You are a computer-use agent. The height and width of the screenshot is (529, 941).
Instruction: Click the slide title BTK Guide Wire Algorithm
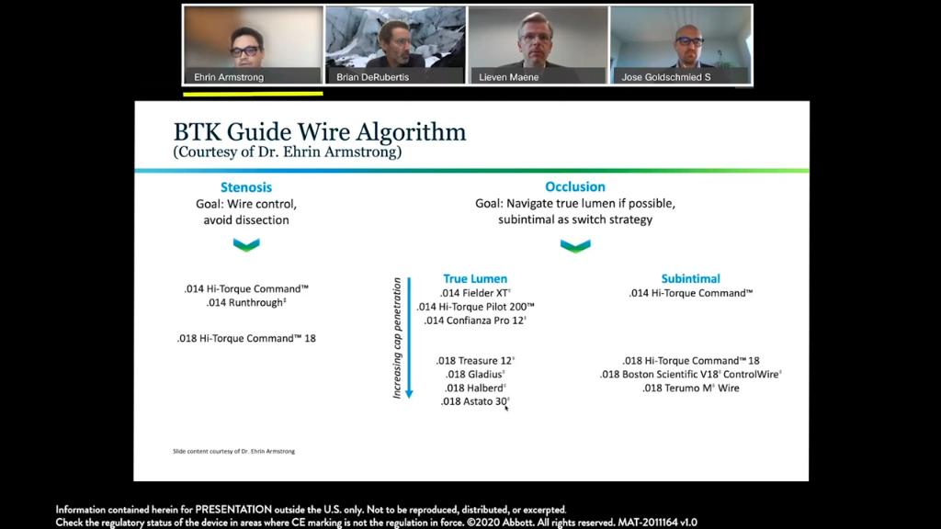pyautogui.click(x=319, y=132)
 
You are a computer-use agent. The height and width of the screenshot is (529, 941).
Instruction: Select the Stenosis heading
pyautogui.click(x=246, y=187)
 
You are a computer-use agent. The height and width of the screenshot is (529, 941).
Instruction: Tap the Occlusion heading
pyautogui.click(x=575, y=186)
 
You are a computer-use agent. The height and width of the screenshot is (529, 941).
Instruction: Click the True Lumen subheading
pyautogui.click(x=475, y=278)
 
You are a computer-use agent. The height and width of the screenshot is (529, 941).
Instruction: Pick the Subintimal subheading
pyautogui.click(x=690, y=278)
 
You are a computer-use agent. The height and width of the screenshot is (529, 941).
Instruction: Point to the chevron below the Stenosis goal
pyautogui.click(x=246, y=244)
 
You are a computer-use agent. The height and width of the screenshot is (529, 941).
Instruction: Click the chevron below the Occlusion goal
pyautogui.click(x=575, y=246)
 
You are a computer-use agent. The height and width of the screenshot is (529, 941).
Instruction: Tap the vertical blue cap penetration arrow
pyautogui.click(x=409, y=338)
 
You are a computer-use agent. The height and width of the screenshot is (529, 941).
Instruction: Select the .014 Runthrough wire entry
pyautogui.click(x=246, y=302)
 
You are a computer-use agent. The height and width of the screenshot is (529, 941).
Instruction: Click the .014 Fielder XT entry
pyautogui.click(x=475, y=293)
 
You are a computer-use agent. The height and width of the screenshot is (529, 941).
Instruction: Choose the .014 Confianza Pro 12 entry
pyautogui.click(x=475, y=321)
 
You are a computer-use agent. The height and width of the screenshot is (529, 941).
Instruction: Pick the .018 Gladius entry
pyautogui.click(x=475, y=375)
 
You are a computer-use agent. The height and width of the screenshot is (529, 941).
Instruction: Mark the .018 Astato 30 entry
pyautogui.click(x=475, y=401)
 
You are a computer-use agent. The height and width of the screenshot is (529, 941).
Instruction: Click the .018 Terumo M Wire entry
pyautogui.click(x=690, y=388)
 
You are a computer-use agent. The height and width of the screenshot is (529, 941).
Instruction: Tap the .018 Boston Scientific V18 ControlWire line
pyautogui.click(x=690, y=375)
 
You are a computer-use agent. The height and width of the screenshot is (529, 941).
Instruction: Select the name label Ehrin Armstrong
pyautogui.click(x=229, y=77)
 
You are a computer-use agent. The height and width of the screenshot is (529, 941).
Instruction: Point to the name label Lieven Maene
pyautogui.click(x=508, y=77)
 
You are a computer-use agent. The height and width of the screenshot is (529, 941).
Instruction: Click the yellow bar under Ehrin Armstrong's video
pyautogui.click(x=253, y=94)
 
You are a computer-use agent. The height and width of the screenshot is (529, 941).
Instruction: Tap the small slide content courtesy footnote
pyautogui.click(x=233, y=451)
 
